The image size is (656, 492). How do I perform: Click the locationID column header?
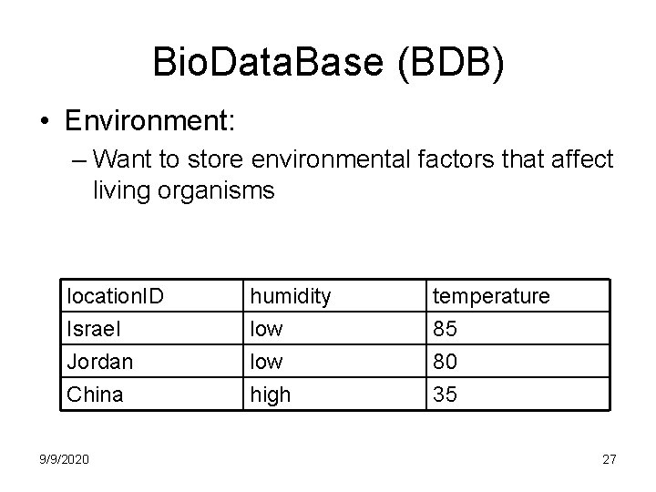[x=117, y=295]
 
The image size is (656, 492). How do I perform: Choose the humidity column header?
[x=292, y=295]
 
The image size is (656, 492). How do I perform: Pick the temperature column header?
[x=491, y=295]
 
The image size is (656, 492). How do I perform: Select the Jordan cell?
[x=100, y=361]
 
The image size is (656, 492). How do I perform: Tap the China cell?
[x=94, y=394]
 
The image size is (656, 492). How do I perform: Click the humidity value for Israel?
[x=267, y=328]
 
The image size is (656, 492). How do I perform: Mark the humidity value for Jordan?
[x=267, y=361]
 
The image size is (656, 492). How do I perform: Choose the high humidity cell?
[x=271, y=394]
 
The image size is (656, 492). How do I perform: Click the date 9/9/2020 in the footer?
[x=64, y=459]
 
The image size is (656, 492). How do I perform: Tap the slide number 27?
[x=609, y=459]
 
